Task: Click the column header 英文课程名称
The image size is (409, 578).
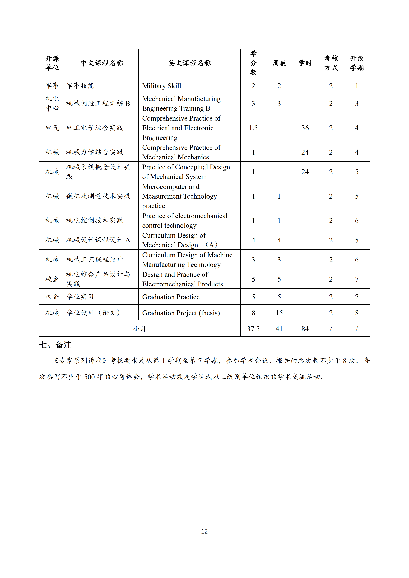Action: pyautogui.click(x=189, y=63)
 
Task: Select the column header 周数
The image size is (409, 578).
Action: pyautogui.click(x=279, y=63)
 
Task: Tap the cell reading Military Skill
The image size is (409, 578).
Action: pyautogui.click(x=161, y=86)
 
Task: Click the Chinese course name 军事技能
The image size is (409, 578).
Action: pyautogui.click(x=80, y=86)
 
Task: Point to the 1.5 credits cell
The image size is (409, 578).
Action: pyautogui.click(x=253, y=128)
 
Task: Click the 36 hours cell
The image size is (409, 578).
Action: pyautogui.click(x=305, y=128)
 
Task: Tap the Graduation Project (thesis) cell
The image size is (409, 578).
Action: pyautogui.click(x=181, y=313)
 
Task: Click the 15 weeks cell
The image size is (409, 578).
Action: pyautogui.click(x=279, y=313)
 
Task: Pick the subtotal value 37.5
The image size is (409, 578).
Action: pyautogui.click(x=253, y=329)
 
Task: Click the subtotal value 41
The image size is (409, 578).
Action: pyautogui.click(x=279, y=329)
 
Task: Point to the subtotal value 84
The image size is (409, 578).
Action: pyautogui.click(x=305, y=329)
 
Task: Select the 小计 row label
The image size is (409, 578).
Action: pyautogui.click(x=140, y=329)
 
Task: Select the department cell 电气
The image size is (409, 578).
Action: pyautogui.click(x=52, y=128)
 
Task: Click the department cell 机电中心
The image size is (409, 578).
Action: pyautogui.click(x=52, y=103)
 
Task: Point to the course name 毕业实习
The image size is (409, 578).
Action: pyautogui.click(x=80, y=297)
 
